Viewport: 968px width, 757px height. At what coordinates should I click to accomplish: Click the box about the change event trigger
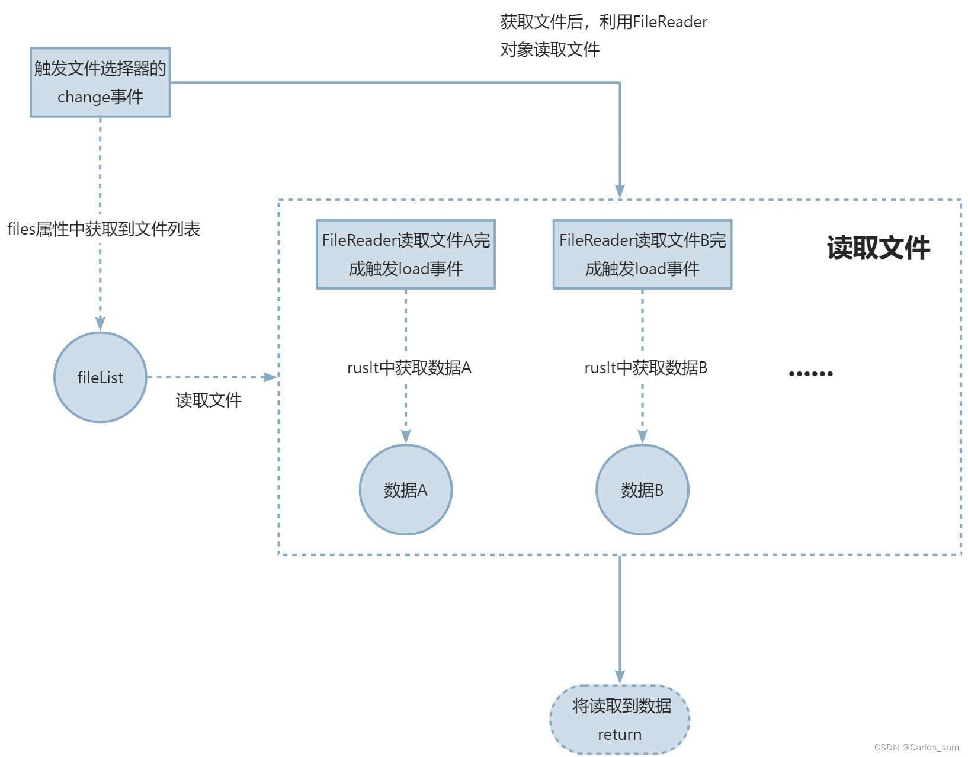tap(100, 82)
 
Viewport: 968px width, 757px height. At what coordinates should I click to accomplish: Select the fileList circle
tap(100, 377)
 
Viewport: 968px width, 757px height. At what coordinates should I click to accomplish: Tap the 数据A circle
tap(406, 490)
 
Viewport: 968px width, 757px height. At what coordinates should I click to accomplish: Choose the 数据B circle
tap(642, 490)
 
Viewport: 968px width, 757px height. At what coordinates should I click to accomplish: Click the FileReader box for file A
tap(406, 254)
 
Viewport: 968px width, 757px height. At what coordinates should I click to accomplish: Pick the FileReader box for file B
tap(642, 254)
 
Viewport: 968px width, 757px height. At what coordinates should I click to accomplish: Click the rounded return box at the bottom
tap(620, 720)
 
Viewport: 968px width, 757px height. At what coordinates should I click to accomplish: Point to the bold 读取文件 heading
tap(878, 248)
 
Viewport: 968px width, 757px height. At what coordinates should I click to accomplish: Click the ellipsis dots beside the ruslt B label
tap(810, 373)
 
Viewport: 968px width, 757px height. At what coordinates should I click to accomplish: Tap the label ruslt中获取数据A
tap(409, 368)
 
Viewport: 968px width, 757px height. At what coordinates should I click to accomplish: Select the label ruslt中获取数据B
tap(646, 368)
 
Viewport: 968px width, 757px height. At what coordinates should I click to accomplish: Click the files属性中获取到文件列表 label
tap(104, 229)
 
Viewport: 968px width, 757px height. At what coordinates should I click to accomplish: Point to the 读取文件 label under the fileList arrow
tap(209, 400)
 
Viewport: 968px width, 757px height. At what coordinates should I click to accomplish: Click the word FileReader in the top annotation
tap(670, 22)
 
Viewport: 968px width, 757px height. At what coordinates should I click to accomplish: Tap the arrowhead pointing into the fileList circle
tap(100, 323)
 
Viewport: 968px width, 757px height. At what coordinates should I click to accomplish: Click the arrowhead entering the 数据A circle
tap(406, 437)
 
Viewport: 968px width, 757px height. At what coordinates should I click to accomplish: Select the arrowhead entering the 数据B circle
tap(642, 437)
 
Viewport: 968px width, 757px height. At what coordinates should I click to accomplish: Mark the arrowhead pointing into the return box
tap(620, 677)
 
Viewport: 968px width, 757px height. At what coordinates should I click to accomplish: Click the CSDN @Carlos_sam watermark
tap(916, 747)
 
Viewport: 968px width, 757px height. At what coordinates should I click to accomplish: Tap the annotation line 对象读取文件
tap(550, 50)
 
